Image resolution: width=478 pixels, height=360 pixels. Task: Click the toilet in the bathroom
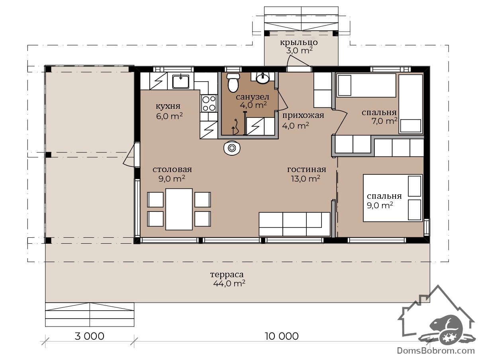click(x=233, y=82)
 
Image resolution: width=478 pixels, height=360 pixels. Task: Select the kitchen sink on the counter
click(x=180, y=81)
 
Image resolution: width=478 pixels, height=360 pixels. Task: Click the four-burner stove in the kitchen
click(x=209, y=104)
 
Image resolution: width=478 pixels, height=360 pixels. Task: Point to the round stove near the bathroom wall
click(x=232, y=148)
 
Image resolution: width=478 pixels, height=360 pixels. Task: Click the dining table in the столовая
click(x=179, y=209)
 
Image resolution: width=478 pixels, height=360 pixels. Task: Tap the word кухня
click(x=168, y=106)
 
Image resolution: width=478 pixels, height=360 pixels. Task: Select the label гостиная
click(x=306, y=169)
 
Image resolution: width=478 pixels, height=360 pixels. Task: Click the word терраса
click(x=227, y=275)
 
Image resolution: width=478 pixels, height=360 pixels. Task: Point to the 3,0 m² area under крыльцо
click(x=299, y=51)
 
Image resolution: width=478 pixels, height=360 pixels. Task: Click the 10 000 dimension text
click(x=281, y=336)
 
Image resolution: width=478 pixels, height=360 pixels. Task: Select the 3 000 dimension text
click(x=90, y=336)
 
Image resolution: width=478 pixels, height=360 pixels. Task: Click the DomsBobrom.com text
click(x=436, y=350)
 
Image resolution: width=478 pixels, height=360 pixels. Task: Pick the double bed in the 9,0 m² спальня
click(x=393, y=198)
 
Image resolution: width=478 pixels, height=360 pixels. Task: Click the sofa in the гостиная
click(x=294, y=224)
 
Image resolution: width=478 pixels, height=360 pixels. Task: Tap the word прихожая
click(x=303, y=115)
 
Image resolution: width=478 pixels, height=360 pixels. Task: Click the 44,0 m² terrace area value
click(x=229, y=284)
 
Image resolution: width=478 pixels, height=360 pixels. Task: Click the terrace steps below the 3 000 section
click(x=90, y=314)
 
